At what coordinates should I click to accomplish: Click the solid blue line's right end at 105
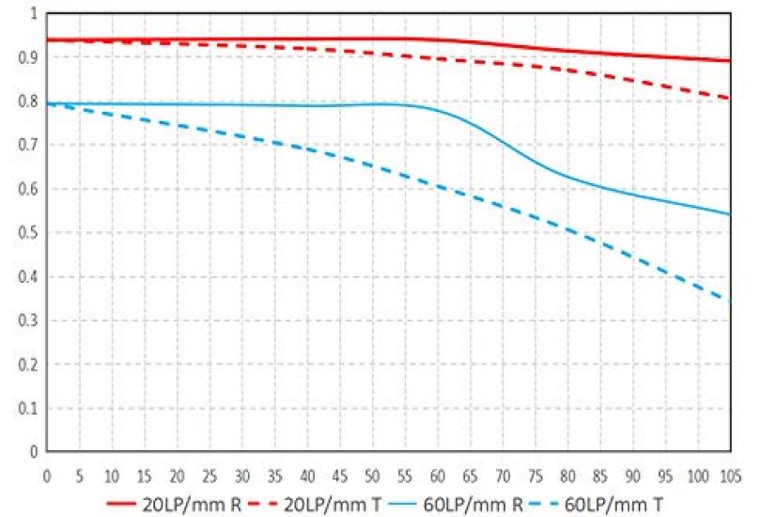tap(729, 214)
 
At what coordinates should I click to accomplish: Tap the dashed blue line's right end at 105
tap(729, 303)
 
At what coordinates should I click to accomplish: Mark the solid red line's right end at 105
tap(729, 61)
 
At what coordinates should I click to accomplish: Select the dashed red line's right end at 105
tap(729, 98)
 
